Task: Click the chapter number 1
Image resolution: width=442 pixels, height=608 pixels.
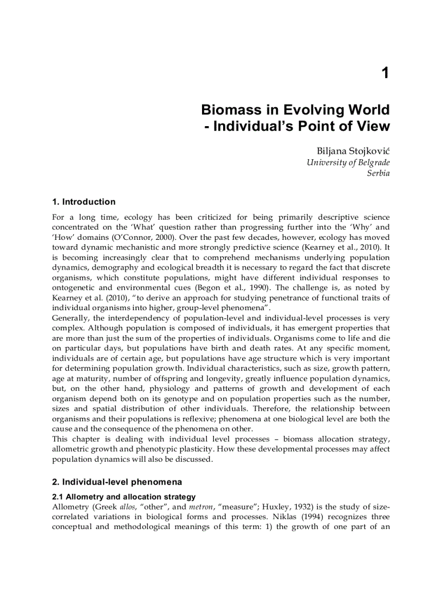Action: point(385,73)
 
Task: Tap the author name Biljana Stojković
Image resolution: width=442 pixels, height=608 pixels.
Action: point(353,151)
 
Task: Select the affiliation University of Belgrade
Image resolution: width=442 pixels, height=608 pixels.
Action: point(348,162)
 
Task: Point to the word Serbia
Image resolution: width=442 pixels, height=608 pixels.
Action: point(378,173)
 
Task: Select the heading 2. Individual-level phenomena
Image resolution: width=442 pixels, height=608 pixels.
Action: point(117,482)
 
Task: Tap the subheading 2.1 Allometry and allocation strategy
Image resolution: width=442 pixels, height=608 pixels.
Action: point(123,496)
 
